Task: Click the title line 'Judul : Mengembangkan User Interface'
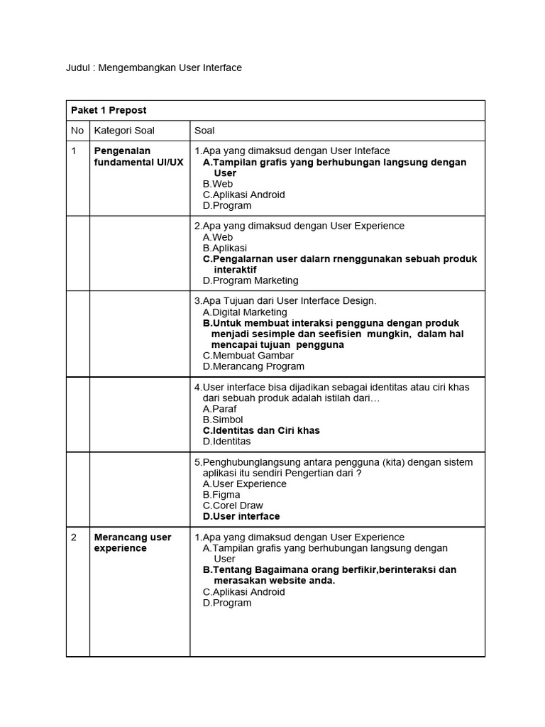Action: pos(154,67)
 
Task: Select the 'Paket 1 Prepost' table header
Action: pos(109,110)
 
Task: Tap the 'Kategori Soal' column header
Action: pos(124,131)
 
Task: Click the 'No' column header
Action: pos(77,131)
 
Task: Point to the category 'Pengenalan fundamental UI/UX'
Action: pos(138,157)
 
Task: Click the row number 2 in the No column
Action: pos(74,537)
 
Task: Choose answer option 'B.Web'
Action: pos(217,184)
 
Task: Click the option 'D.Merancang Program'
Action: pos(253,366)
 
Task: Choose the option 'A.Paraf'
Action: pos(219,409)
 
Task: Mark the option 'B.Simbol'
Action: pos(222,420)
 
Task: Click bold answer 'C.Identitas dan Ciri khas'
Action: pos(260,430)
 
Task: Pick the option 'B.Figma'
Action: pos(221,495)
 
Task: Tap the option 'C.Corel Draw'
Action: pos(232,505)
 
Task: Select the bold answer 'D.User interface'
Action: pos(241,516)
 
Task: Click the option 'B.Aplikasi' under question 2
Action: pos(224,248)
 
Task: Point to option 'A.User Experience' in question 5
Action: pos(244,483)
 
